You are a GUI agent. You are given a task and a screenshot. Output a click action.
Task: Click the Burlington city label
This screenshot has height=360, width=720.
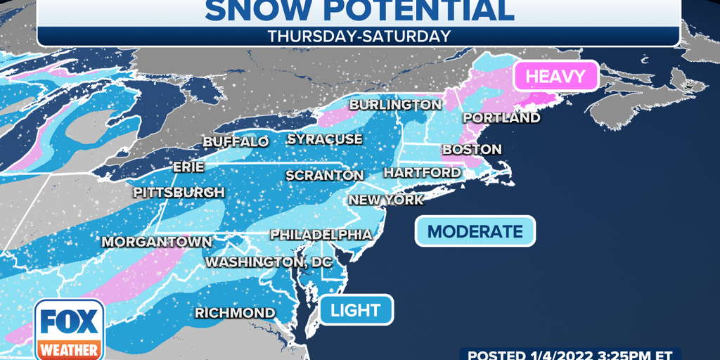(395, 105)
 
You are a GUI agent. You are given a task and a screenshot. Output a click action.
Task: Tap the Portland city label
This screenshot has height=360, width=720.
(501, 117)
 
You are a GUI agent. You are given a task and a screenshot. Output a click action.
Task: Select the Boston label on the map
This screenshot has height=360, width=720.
(471, 149)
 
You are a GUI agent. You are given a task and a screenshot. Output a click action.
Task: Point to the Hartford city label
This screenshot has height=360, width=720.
(422, 172)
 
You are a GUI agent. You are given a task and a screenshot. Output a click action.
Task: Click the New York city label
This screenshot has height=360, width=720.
(386, 200)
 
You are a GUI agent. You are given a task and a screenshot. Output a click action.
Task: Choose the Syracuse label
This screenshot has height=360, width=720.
(324, 139)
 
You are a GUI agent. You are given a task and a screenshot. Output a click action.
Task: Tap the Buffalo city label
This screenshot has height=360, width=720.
(236, 141)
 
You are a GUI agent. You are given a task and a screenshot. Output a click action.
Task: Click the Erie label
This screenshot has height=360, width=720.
(188, 167)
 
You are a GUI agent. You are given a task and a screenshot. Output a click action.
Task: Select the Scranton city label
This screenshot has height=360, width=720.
(324, 175)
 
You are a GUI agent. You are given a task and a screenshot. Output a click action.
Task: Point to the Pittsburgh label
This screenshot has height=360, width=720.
(180, 192)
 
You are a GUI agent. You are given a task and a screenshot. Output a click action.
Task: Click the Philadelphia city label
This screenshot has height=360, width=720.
(321, 233)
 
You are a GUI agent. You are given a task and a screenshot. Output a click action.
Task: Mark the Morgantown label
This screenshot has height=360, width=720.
(156, 241)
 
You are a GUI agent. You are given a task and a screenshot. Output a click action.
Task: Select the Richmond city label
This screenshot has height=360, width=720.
(235, 312)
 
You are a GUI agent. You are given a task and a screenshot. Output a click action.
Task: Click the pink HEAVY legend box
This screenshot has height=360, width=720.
(555, 76)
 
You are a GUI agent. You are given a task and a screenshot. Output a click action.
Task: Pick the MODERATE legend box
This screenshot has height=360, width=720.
(475, 231)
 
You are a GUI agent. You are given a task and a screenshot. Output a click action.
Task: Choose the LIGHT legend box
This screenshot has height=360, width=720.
(356, 309)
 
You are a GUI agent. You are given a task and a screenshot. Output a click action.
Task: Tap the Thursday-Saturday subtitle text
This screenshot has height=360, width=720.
(359, 37)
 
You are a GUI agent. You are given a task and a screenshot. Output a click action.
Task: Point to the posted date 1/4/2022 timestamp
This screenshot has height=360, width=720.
(570, 354)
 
